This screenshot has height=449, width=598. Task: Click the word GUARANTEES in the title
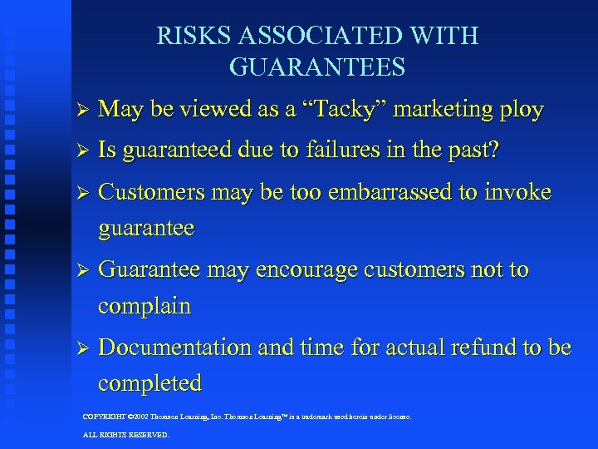pyautogui.click(x=317, y=67)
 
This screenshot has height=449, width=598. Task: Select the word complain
pyautogui.click(x=145, y=306)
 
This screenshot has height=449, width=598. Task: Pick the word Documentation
pyautogui.click(x=175, y=347)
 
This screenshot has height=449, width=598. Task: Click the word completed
pyautogui.click(x=149, y=383)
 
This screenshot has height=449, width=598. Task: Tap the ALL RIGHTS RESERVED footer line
pyautogui.click(x=125, y=434)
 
